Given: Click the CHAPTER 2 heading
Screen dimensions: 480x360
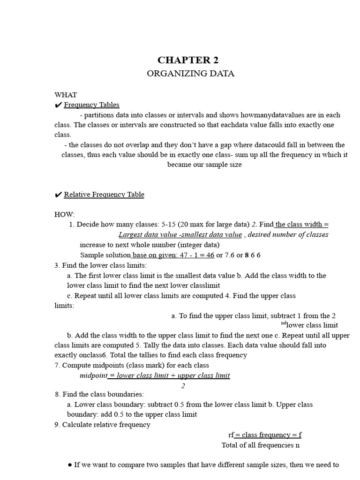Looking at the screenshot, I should click(188, 60).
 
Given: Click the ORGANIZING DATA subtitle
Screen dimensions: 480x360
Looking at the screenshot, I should click(190, 74).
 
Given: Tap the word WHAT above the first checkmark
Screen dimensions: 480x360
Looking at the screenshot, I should click(66, 95).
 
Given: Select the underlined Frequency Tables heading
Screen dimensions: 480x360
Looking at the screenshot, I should click(91, 105).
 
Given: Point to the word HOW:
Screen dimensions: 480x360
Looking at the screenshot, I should click(65, 214).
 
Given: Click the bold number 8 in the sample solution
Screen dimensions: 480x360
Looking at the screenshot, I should click(247, 255).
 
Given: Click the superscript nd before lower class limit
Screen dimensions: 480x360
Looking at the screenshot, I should click(284, 323).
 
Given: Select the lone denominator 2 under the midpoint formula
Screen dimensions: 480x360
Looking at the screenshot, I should click(183, 386).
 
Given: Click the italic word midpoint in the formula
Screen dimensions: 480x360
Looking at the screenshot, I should click(93, 375).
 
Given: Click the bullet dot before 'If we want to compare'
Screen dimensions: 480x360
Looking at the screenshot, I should click(70, 465).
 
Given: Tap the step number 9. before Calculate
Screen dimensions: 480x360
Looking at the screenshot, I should click(58, 425).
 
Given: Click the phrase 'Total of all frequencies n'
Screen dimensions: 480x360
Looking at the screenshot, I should click(261, 445).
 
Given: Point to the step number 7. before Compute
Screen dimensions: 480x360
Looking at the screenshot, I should click(58, 365).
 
